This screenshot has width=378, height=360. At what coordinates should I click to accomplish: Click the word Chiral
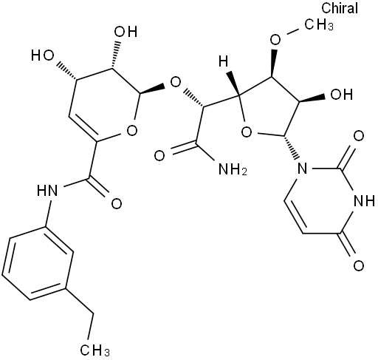tap(340, 9)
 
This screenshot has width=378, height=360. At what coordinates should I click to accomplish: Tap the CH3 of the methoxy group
tap(319, 24)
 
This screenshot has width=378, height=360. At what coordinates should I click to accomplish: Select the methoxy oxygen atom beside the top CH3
tap(275, 39)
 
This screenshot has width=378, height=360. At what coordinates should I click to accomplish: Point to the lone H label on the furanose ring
tap(224, 61)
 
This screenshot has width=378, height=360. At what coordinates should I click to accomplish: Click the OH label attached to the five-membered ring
tap(342, 94)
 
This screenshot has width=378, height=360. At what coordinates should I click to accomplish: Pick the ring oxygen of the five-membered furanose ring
tap(247, 132)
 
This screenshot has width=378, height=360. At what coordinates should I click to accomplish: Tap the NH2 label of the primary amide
tap(233, 169)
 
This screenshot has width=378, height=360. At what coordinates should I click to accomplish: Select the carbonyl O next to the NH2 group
tap(159, 156)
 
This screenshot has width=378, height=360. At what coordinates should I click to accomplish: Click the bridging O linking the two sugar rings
tap(176, 83)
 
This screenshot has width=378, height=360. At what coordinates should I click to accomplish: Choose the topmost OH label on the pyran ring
tap(126, 32)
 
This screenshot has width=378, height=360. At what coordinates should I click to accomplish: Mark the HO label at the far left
tap(42, 55)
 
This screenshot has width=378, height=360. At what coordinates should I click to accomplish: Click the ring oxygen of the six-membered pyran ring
tap(132, 131)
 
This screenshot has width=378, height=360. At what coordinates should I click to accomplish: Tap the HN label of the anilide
tap(47, 190)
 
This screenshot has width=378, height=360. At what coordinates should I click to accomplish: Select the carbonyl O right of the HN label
tap(117, 204)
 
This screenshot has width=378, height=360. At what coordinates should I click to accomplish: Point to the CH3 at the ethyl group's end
tap(94, 349)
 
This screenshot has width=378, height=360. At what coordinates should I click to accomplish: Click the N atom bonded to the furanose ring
tap(302, 169)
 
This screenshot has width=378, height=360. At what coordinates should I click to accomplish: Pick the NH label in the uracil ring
tap(364, 201)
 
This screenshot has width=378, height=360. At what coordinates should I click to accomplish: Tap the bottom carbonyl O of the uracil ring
tap(359, 265)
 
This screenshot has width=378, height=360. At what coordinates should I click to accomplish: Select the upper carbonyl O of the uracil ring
tap(359, 136)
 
